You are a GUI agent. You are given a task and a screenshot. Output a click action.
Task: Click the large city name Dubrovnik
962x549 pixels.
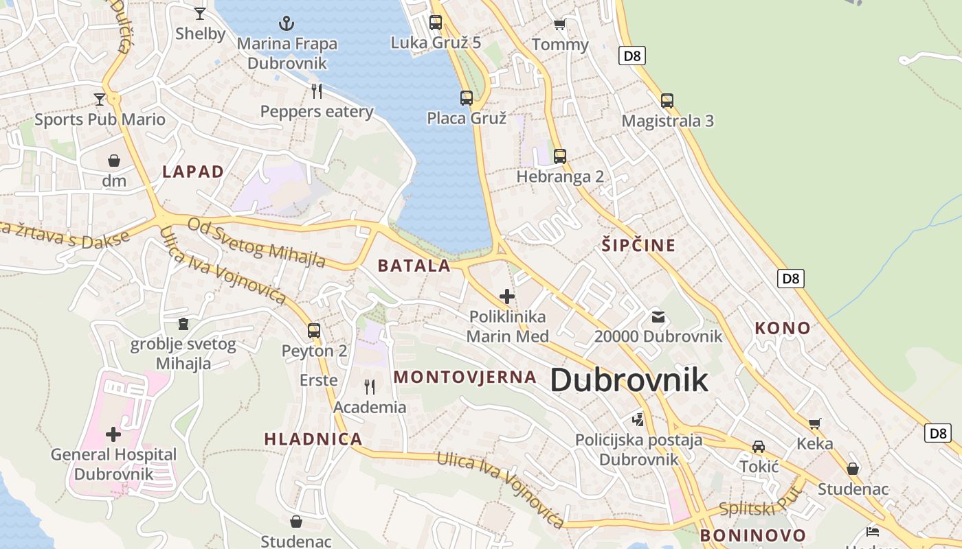point(629,380)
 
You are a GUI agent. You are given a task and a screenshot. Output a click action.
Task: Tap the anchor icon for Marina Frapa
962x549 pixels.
point(287,23)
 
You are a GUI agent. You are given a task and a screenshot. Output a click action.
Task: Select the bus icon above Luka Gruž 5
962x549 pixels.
point(436,22)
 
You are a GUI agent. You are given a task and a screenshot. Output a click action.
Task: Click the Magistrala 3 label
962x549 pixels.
point(667,121)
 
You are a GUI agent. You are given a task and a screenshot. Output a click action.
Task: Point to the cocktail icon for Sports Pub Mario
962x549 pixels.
point(100,100)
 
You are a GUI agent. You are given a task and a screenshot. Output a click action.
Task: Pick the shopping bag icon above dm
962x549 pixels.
point(114,161)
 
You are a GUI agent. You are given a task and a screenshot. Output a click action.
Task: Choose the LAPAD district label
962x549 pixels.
point(193,172)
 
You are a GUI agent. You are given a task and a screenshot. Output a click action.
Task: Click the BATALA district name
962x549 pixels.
point(414,266)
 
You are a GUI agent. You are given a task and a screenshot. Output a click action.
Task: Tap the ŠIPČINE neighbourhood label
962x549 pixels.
point(638,245)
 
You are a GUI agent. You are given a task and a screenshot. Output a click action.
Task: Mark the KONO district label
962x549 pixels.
point(783,328)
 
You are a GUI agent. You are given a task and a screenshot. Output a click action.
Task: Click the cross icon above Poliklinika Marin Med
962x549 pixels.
point(507,296)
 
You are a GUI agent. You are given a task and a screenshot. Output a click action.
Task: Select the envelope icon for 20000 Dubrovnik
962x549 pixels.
point(658,316)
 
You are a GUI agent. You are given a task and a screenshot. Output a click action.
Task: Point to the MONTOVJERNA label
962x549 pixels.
point(465,377)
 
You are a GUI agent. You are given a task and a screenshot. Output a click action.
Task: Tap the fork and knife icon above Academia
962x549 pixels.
point(370,387)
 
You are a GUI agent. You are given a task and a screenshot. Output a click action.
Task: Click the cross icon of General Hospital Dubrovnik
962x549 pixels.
point(113,434)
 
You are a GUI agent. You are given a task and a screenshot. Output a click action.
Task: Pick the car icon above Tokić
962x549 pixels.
point(759,447)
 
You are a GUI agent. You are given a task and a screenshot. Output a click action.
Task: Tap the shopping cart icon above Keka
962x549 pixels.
point(815,423)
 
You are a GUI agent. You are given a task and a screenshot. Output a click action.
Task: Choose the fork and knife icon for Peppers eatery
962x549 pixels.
point(317,91)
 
